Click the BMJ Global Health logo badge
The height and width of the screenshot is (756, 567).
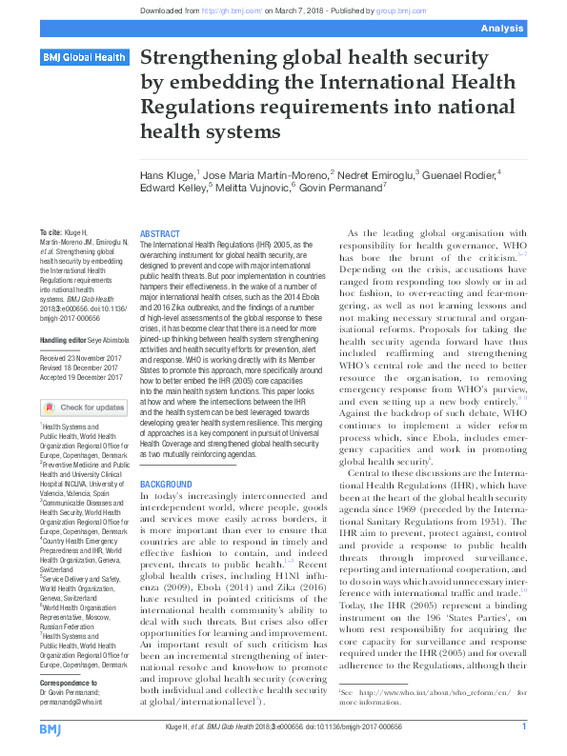84,58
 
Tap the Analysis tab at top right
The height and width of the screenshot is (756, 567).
529,30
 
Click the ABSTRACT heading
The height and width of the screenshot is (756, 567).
160,233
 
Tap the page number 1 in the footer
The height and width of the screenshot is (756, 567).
523,727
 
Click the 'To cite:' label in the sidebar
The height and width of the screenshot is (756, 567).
51,233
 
